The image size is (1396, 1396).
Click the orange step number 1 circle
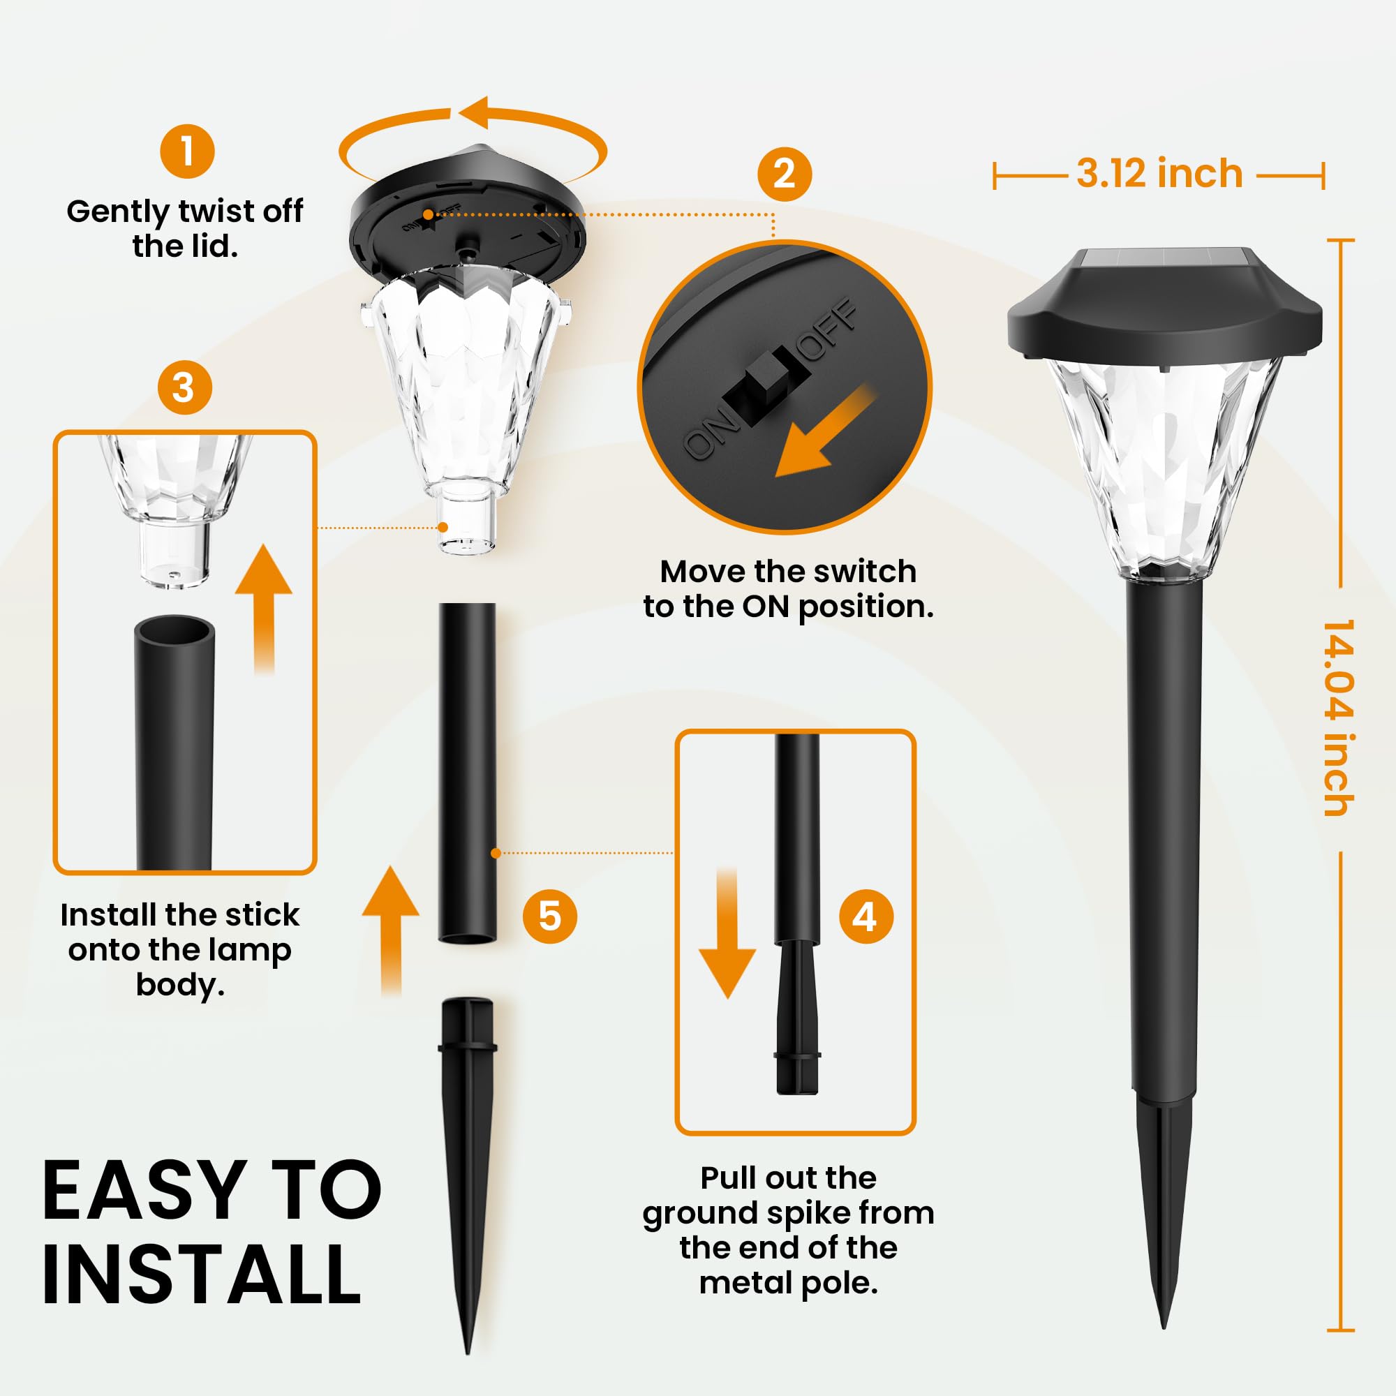(187, 151)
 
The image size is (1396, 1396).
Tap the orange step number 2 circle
(784, 174)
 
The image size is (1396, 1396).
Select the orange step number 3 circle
(184, 387)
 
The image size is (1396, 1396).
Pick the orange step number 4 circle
(866, 916)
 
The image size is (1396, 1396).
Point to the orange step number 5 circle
(549, 916)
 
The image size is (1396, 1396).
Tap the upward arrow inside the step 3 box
(264, 607)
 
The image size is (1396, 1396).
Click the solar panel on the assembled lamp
(1164, 259)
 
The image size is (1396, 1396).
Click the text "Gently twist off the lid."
(185, 228)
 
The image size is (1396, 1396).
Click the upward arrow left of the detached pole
(391, 928)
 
